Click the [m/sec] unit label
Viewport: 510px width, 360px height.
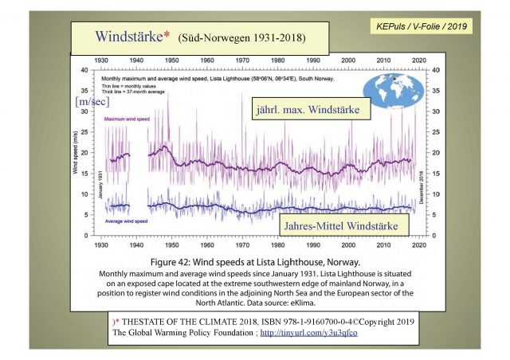92,102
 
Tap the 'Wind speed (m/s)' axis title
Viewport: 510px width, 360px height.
80,153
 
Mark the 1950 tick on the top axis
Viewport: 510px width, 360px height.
171,61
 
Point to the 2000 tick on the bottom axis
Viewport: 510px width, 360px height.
349,247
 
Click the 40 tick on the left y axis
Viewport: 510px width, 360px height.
85,70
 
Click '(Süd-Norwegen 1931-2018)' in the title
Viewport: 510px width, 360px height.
241,38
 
